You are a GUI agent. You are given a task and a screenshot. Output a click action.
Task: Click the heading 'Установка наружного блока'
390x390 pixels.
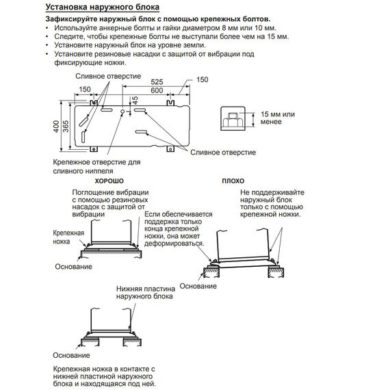click(x=103, y=7)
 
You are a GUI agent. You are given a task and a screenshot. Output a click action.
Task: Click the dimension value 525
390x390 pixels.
click(x=157, y=82)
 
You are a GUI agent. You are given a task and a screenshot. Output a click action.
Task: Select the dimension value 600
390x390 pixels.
click(x=157, y=90)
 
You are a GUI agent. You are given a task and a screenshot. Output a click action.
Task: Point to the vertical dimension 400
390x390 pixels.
click(x=57, y=126)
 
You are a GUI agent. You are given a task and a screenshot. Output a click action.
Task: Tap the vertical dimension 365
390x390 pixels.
click(x=66, y=126)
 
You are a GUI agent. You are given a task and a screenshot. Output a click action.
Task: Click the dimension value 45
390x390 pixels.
click(x=135, y=100)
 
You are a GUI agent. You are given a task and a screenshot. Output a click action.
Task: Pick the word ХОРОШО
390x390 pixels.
click(x=109, y=181)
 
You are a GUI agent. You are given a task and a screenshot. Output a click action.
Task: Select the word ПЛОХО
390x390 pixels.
click(x=233, y=181)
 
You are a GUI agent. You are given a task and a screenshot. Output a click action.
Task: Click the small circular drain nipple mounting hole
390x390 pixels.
click(x=122, y=112)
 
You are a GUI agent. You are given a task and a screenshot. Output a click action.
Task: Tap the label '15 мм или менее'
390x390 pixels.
click(x=278, y=118)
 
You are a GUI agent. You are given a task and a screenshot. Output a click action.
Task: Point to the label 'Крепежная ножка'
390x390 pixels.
click(x=68, y=237)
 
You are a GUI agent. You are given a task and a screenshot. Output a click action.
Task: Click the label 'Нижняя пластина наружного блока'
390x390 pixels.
click(x=146, y=293)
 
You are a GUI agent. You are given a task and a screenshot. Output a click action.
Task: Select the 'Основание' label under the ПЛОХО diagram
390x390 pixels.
click(x=198, y=286)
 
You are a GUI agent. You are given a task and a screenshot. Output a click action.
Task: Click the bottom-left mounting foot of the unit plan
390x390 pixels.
click(x=94, y=149)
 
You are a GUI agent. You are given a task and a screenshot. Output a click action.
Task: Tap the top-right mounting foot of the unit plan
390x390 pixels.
click(x=170, y=103)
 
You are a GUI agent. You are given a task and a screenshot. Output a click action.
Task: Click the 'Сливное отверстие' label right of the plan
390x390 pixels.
click(x=223, y=152)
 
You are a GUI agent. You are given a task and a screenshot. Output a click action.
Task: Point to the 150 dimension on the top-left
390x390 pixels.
click(x=85, y=89)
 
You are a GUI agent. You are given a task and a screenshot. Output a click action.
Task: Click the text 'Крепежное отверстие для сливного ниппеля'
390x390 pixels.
click(x=96, y=167)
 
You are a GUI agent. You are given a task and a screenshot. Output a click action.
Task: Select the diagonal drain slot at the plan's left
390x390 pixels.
click(x=84, y=121)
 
